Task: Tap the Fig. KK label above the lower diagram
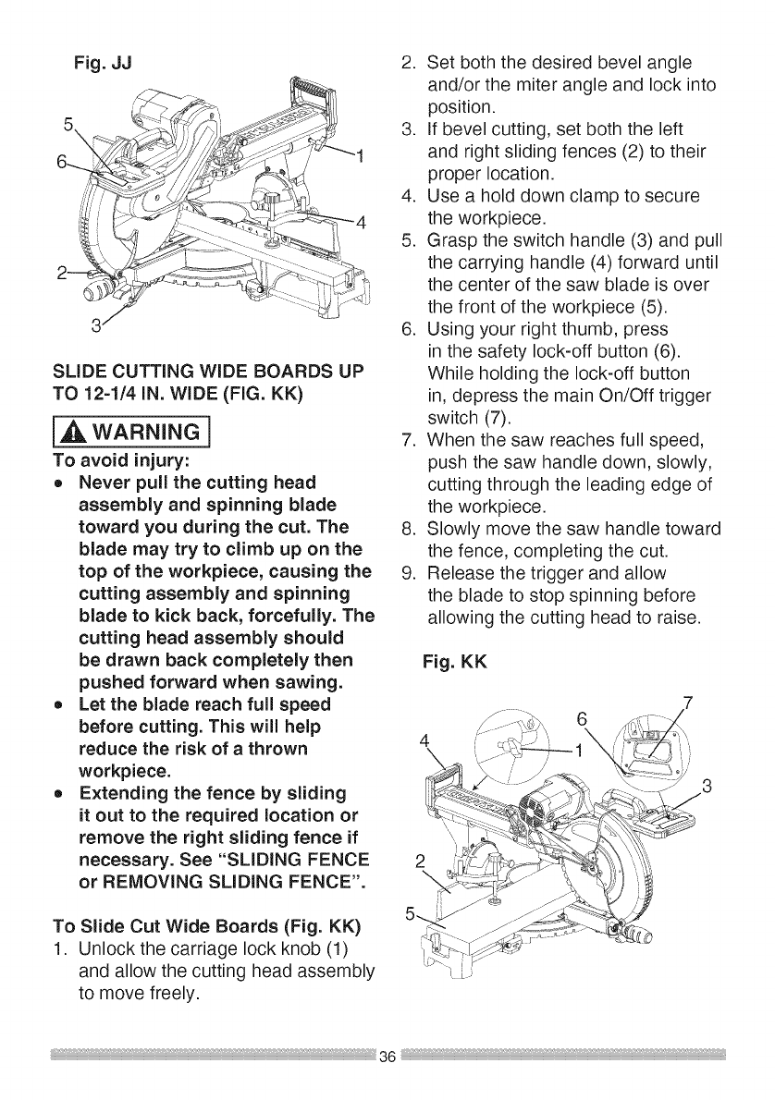pos(452,664)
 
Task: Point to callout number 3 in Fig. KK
pos(707,788)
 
